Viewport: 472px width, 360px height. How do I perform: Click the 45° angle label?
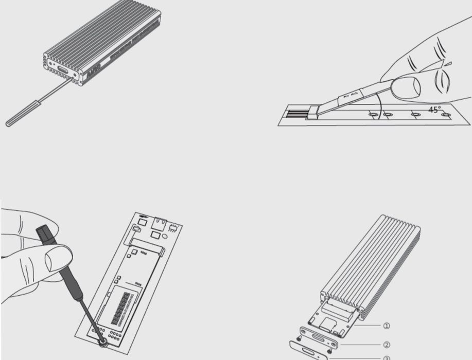(x=434, y=110)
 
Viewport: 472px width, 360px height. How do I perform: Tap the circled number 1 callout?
(x=387, y=326)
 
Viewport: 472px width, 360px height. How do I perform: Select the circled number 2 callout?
(x=387, y=345)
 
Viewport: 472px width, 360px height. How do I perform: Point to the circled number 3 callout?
(x=387, y=358)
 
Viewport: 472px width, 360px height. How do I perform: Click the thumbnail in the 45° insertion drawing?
(x=406, y=87)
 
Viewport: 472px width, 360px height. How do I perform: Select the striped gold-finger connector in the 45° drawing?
(x=298, y=114)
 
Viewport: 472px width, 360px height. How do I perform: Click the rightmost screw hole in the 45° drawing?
(x=446, y=114)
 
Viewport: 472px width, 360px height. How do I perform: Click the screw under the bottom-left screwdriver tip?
(x=103, y=342)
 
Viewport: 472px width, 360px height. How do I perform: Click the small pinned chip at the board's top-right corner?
(x=173, y=227)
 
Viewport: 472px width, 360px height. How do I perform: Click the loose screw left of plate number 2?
(x=299, y=338)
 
